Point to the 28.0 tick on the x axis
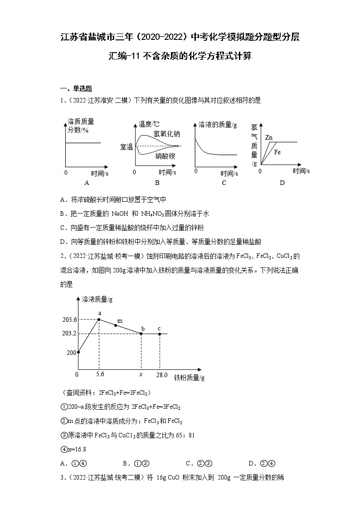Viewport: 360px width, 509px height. [x=162, y=375]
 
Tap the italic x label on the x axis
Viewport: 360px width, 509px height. [x=141, y=375]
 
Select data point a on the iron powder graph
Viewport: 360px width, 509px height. [x=99, y=320]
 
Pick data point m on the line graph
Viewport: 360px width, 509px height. [x=116, y=325]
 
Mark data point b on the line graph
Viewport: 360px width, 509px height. [x=141, y=334]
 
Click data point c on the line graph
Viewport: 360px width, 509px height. [x=160, y=334]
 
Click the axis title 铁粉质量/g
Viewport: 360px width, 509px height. [x=189, y=378]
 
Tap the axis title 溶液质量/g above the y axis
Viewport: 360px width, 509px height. [x=97, y=299]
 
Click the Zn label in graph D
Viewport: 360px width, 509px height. [x=269, y=137]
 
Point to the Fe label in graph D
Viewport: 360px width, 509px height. [x=277, y=153]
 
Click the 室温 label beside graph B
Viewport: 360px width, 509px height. [x=126, y=146]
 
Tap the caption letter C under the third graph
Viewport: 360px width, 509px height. [x=224, y=183]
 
